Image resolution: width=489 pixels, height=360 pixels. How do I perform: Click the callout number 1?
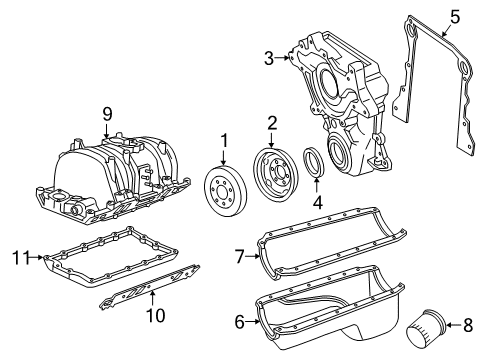[225, 141]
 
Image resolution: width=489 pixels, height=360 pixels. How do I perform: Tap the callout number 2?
[271, 124]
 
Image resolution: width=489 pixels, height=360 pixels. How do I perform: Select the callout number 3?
[269, 59]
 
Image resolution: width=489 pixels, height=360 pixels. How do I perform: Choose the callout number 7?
[240, 257]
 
